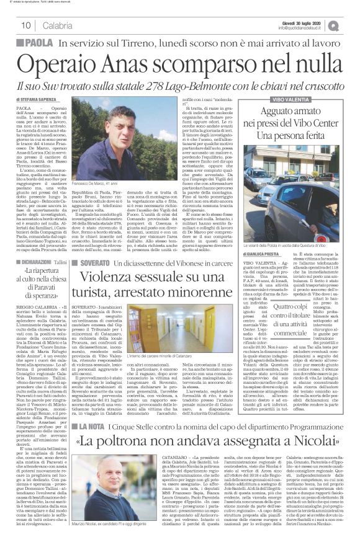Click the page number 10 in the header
click(x=26, y=25)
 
